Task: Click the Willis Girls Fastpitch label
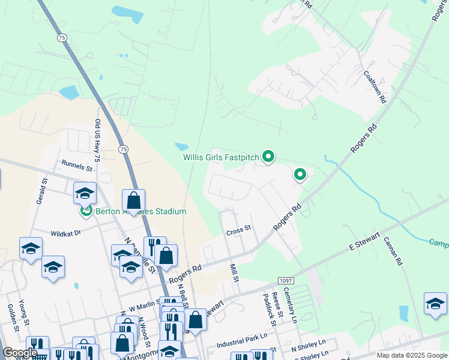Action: (x=221, y=158)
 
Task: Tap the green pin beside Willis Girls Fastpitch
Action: (x=268, y=158)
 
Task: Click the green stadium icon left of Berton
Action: (x=86, y=211)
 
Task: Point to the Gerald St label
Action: (x=41, y=191)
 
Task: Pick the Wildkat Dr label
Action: (x=65, y=233)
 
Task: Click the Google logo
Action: (x=20, y=353)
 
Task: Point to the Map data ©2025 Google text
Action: (x=411, y=355)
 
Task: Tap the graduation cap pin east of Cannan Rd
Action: (x=435, y=304)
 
